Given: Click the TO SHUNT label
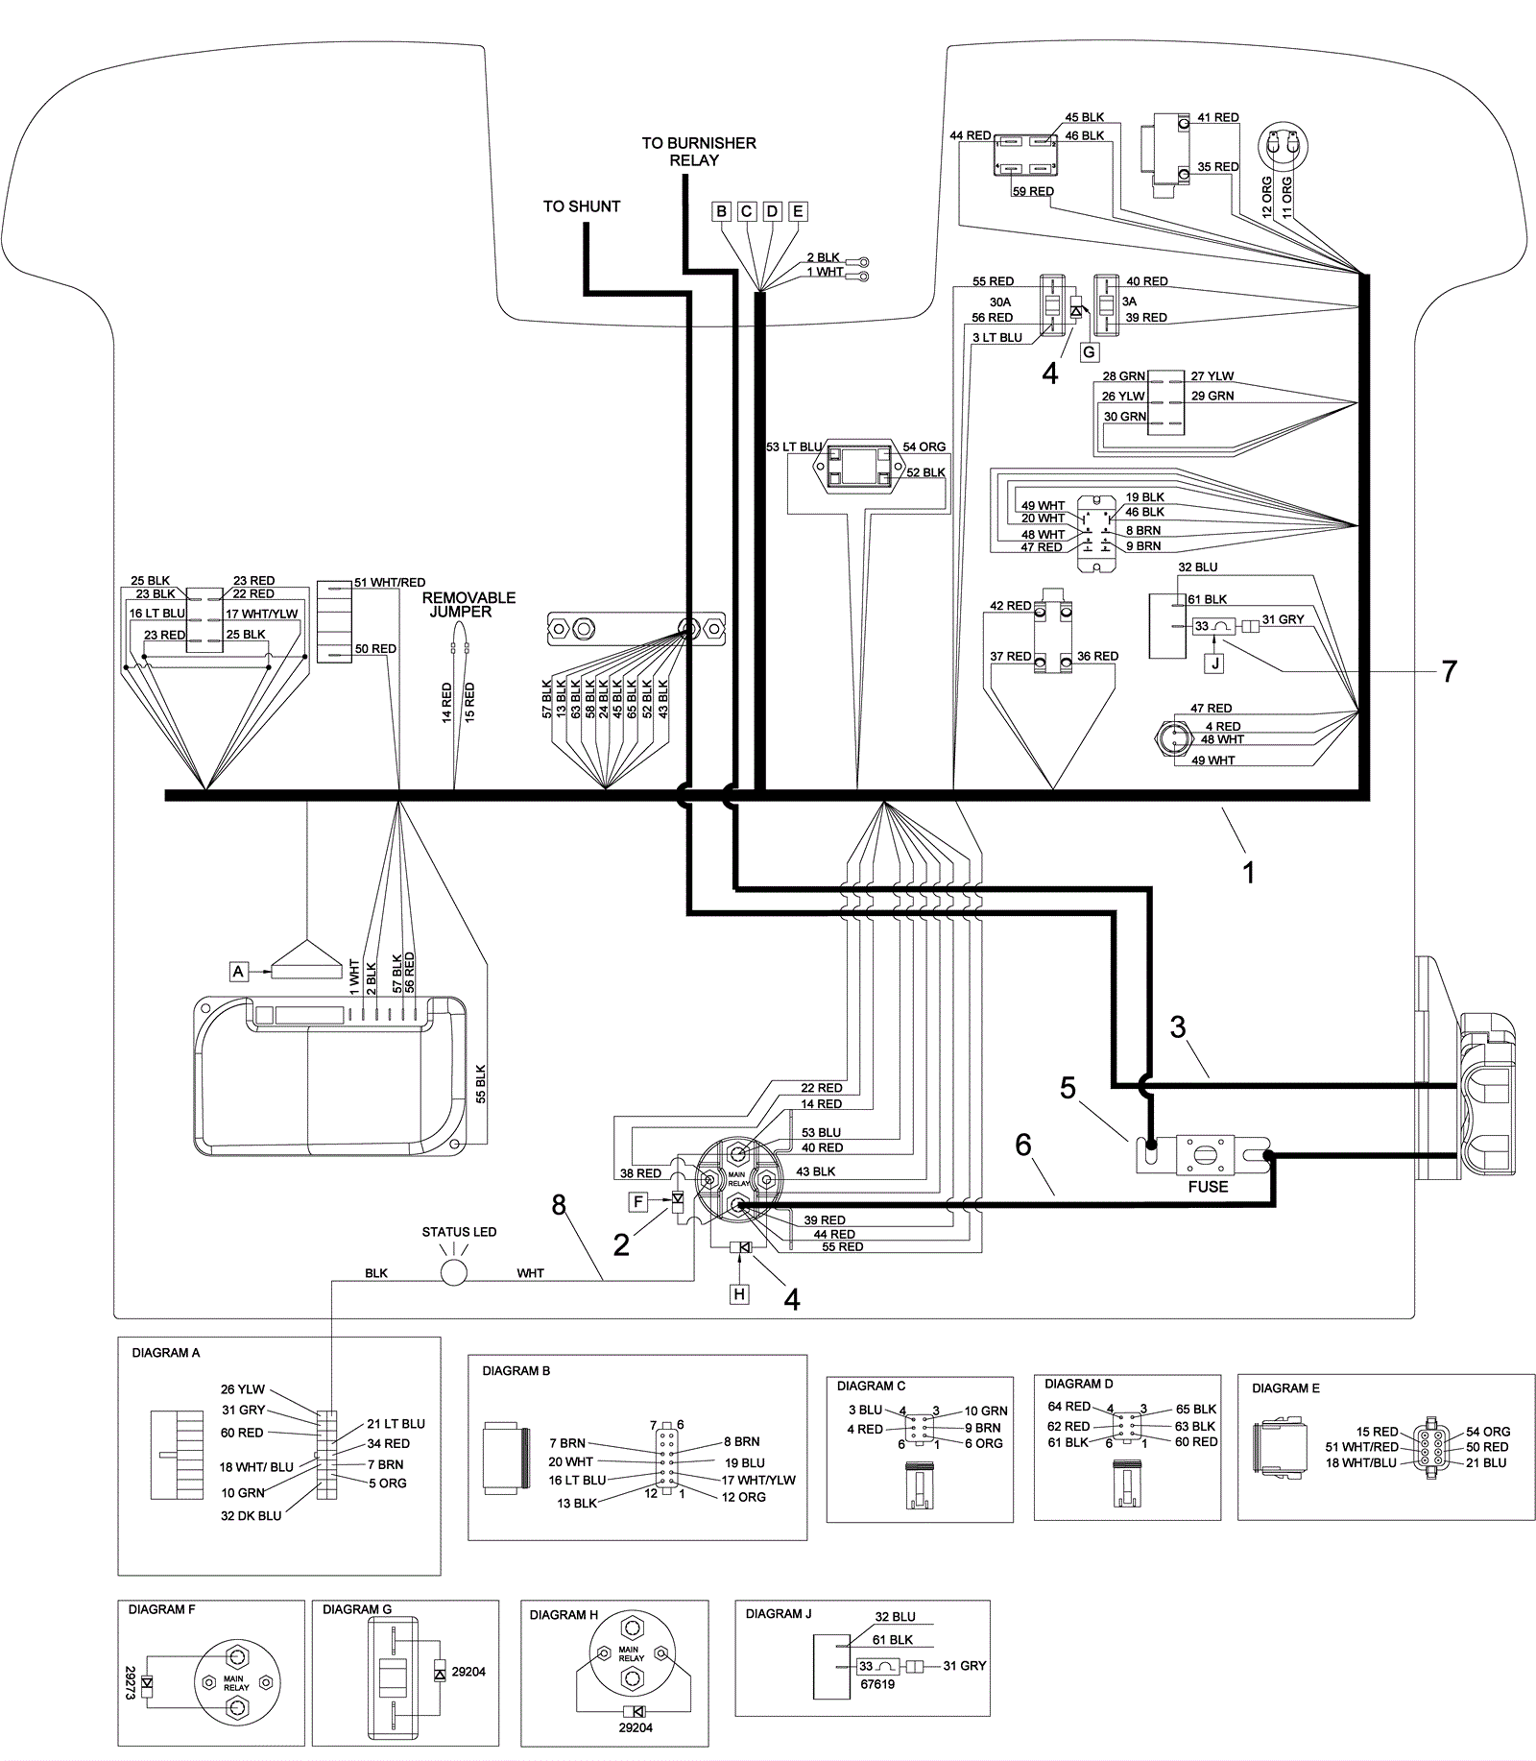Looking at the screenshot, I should pos(582,206).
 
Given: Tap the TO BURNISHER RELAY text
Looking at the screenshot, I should pos(699,152).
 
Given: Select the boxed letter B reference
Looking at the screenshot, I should pos(721,212).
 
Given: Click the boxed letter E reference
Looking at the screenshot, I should pos(797,212).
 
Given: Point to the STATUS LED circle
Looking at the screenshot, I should pos(453,1273).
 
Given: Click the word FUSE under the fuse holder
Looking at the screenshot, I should pos(1208,1187).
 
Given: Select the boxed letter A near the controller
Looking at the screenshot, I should pos(238,972).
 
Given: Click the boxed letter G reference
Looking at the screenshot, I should pos(1089,352).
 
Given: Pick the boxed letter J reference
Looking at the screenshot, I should pos(1215,663).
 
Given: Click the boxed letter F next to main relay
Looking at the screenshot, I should pos(639,1201).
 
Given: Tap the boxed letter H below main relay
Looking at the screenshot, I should pos(739,1294).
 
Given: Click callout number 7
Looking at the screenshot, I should pos(1450,671).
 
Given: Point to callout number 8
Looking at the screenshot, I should pos(560,1204).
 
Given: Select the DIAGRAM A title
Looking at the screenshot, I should pos(166,1353).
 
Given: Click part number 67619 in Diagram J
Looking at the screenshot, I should pos(876,1683).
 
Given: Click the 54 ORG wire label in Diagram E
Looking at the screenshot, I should pos(1488,1432).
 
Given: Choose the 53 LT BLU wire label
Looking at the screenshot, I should pos(794,447).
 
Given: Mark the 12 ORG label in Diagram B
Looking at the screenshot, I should pos(744,1497).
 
